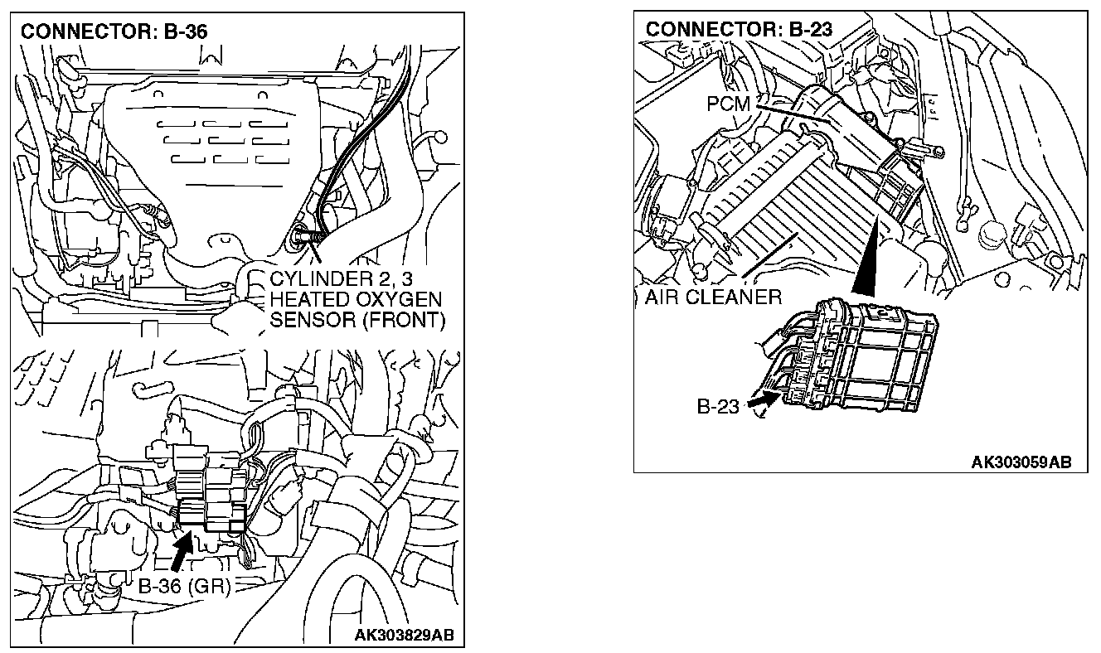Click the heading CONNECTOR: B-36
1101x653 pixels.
coord(114,32)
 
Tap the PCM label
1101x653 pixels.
coord(729,104)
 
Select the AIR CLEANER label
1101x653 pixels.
coord(713,297)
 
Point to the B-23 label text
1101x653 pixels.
coord(717,408)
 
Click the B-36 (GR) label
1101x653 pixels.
coord(184,586)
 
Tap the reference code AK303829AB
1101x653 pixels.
coord(404,636)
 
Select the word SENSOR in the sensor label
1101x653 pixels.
coord(307,320)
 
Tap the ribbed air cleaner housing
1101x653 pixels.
coord(779,199)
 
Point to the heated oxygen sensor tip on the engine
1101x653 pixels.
coord(298,239)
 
